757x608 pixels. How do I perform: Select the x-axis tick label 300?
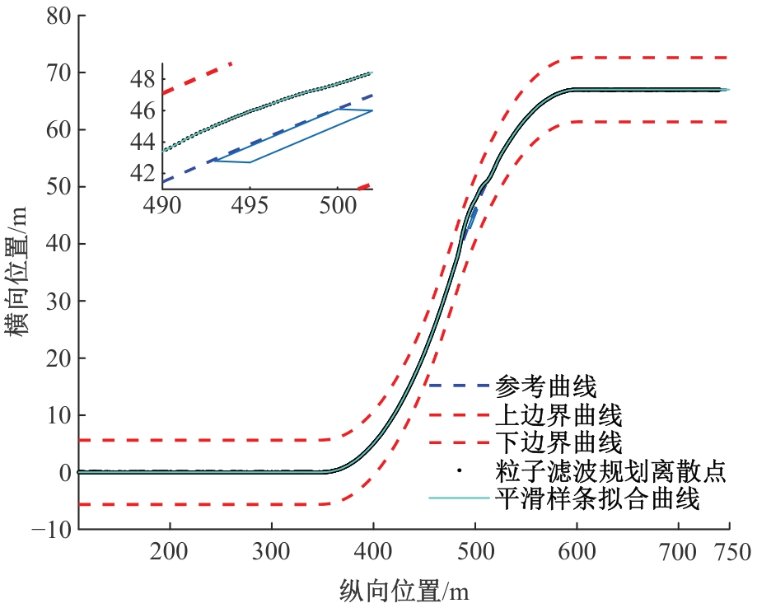pos(272,554)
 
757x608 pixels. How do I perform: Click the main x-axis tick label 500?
pos(475,554)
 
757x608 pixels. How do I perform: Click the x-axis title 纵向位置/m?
pos(404,590)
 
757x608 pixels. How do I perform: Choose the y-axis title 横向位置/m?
pos(19,272)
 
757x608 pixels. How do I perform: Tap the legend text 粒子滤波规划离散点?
pos(610,471)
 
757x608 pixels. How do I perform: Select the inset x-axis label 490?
pos(163,204)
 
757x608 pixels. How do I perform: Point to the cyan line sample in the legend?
pos(459,499)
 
